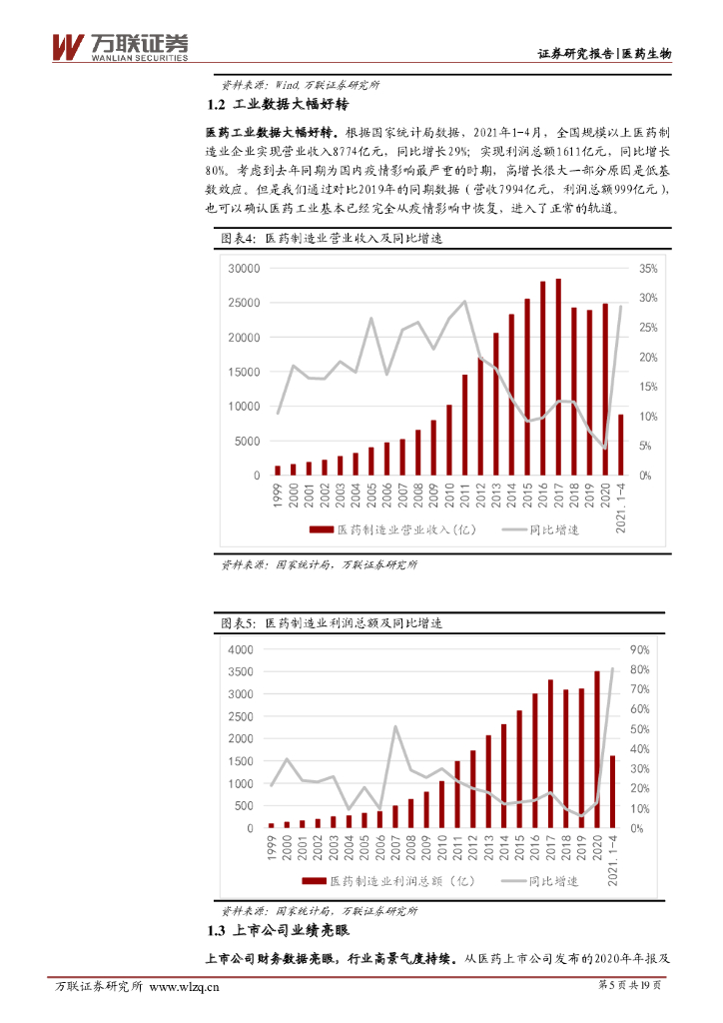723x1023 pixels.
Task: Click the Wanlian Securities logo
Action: pos(120,47)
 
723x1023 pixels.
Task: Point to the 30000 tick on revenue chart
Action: pos(244,269)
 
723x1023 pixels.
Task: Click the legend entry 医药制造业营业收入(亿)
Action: pos(390,528)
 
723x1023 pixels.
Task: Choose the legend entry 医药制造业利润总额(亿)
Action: pos(390,881)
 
